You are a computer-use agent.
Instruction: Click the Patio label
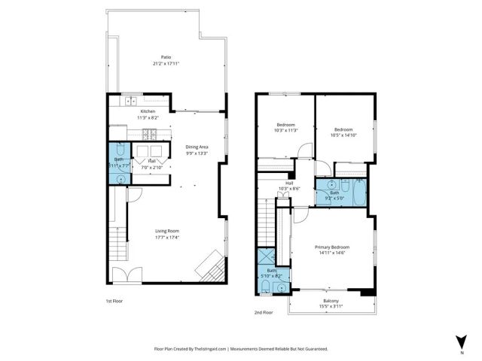coord(166,56)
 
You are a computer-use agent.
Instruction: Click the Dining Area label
coord(197,147)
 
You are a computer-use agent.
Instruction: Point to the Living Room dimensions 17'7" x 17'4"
coord(166,238)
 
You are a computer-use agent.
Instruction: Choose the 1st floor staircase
coord(117,244)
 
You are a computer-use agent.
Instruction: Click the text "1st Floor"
coord(114,300)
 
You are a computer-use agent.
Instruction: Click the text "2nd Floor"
coord(264,311)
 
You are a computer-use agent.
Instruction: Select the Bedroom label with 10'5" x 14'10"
coord(343,129)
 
